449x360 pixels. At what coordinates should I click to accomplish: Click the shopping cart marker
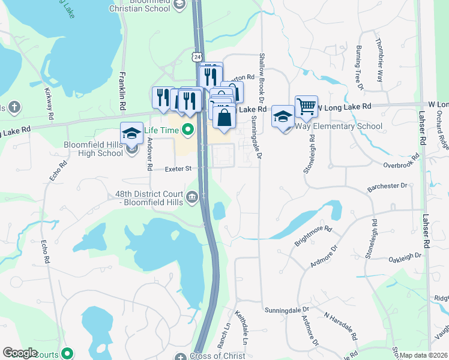[x=306, y=107]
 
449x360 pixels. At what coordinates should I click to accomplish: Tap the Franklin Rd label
[x=122, y=91]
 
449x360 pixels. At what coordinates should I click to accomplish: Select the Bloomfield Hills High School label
[x=93, y=149]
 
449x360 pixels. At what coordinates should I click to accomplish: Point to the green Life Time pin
[x=187, y=129]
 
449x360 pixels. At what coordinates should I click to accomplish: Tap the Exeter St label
[x=178, y=169]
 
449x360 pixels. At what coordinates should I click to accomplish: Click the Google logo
[x=20, y=353]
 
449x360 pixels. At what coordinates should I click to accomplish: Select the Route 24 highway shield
[x=198, y=56]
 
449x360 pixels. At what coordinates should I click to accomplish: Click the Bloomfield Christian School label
[x=142, y=7]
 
